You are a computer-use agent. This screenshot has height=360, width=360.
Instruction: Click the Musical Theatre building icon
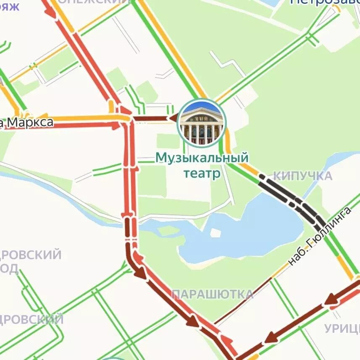[202, 123]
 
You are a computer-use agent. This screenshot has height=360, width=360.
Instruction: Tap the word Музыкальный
[202, 158]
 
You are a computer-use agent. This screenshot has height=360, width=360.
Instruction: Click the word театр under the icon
[202, 173]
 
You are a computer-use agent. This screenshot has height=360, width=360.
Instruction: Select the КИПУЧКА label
[302, 176]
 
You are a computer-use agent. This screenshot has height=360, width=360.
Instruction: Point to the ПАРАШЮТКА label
[213, 294]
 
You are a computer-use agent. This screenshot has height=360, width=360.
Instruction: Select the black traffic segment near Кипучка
[290, 197]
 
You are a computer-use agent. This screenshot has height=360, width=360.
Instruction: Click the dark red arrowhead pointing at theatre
[172, 118]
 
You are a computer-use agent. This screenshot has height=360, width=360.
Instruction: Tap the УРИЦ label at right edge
[342, 328]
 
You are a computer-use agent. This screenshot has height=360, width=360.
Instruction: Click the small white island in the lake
[215, 233]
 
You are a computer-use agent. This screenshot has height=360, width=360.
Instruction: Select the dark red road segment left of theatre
[151, 119]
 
